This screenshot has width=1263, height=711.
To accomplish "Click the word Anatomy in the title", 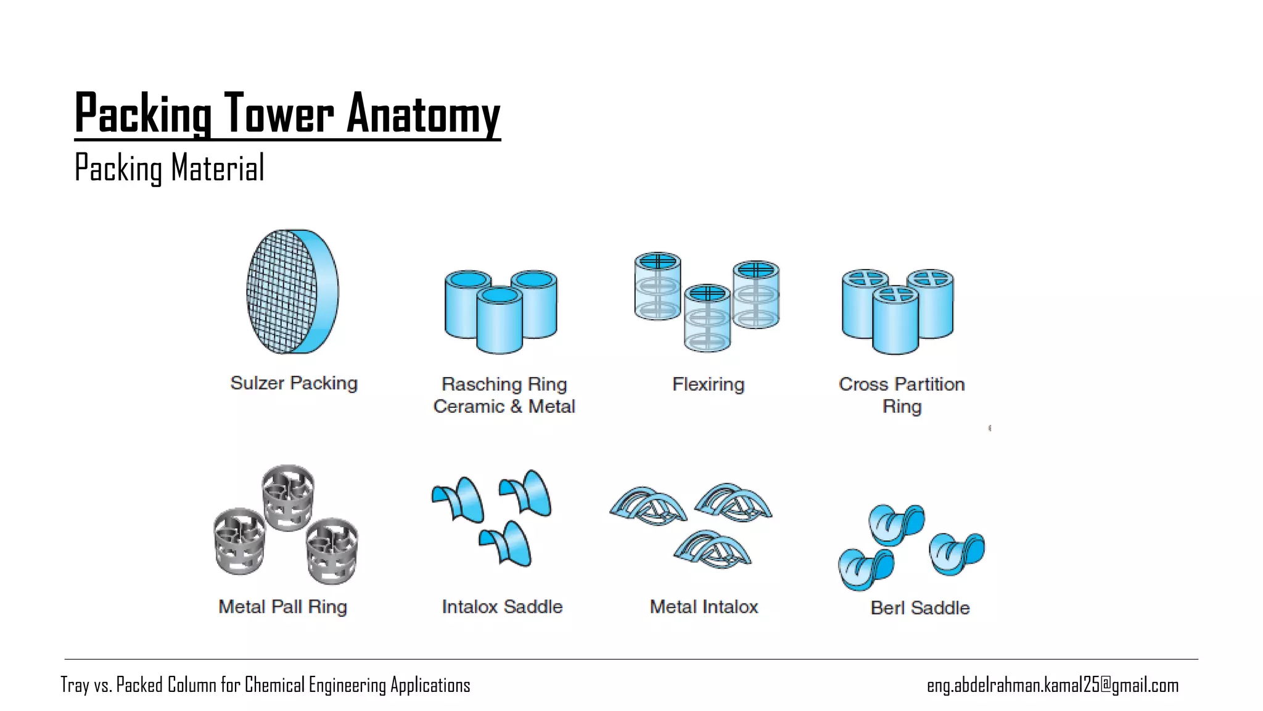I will [423, 114].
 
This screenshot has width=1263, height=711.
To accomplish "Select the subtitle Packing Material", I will [169, 168].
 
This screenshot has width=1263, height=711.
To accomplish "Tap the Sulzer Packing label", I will [294, 383].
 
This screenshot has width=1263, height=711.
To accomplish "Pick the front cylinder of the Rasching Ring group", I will [500, 321].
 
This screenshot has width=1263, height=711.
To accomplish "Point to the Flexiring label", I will [708, 385].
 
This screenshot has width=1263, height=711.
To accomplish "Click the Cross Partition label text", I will [901, 385].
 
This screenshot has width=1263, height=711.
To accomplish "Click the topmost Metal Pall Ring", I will [288, 497].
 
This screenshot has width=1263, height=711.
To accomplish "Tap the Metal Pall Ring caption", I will [282, 607].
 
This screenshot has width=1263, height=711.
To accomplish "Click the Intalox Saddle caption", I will [502, 607].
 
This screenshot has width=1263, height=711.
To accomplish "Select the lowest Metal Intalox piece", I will [712, 549].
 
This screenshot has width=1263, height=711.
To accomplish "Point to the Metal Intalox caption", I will [704, 607].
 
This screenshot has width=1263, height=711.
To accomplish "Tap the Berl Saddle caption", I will [919, 608].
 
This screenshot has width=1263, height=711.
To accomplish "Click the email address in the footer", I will [1052, 685].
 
